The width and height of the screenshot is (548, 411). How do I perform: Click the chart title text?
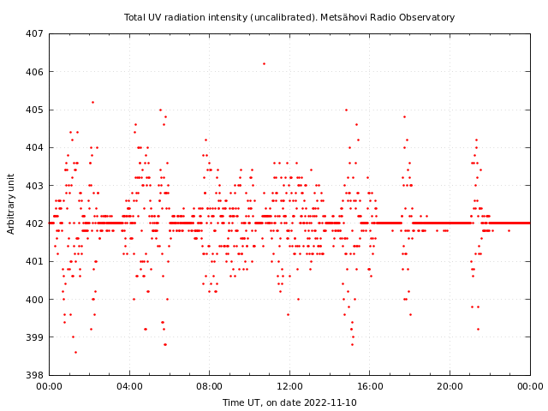(289, 17)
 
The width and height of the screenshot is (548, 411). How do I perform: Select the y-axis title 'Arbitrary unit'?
(11, 204)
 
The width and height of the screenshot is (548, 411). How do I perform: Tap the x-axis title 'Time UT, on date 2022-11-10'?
(289, 402)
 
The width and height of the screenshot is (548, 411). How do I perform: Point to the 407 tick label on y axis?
(34, 34)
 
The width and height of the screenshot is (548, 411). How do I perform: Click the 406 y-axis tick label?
(34, 72)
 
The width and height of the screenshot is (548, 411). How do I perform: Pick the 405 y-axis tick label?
(34, 110)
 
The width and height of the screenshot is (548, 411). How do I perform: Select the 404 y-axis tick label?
(34, 148)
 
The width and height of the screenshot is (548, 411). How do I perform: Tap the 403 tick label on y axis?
(34, 186)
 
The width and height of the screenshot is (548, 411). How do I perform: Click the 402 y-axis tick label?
(34, 223)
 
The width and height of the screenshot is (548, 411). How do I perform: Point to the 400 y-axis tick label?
(34, 300)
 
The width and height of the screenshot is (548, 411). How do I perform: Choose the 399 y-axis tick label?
(34, 337)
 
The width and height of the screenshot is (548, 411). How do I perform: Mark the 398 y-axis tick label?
(34, 375)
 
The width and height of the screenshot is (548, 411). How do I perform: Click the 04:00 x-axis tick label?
(129, 386)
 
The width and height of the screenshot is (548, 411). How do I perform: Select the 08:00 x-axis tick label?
(210, 386)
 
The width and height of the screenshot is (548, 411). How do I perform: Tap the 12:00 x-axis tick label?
(289, 386)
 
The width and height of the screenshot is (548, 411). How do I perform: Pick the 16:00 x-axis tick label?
(370, 386)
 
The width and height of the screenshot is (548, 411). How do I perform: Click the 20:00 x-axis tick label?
(450, 386)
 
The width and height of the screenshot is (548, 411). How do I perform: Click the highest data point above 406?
(264, 63)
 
